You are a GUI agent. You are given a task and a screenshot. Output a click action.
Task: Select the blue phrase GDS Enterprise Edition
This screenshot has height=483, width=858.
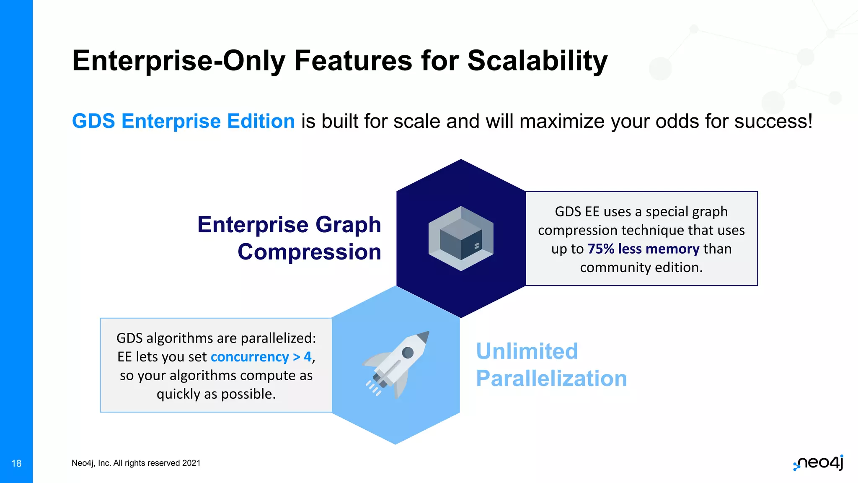pos(183,121)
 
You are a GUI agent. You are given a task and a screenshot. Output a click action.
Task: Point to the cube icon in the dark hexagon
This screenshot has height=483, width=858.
pos(461,238)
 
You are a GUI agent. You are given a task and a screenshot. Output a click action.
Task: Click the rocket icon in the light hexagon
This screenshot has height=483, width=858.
pos(396,365)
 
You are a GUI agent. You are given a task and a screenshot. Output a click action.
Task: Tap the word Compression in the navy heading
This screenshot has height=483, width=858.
pos(309,252)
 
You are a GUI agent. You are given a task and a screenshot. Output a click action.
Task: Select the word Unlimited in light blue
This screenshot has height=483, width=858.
pos(527,351)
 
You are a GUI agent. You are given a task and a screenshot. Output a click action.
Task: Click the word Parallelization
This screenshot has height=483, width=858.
pos(551,379)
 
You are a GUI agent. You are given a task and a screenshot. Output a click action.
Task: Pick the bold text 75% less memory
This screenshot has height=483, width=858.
pos(643,249)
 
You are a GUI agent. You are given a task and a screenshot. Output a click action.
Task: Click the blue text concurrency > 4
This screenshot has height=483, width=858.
pos(261,357)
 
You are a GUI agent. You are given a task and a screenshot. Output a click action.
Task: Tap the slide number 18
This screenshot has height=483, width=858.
pos(16,463)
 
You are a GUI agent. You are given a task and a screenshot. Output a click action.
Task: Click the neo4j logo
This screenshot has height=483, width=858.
pos(819,463)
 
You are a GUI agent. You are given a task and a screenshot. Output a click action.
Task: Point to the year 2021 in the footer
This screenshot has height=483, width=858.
pos(191,463)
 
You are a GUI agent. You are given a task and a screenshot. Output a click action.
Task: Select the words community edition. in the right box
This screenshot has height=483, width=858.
pos(641,267)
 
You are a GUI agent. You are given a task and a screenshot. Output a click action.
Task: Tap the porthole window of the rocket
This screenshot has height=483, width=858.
pos(408,353)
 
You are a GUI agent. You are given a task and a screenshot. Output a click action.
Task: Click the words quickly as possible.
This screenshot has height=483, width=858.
pos(216,394)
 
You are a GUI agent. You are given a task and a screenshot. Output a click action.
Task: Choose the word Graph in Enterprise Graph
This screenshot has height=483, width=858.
pos(348,225)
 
